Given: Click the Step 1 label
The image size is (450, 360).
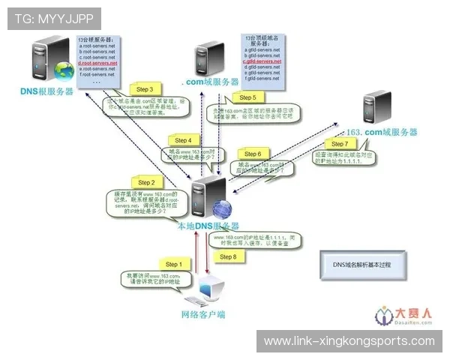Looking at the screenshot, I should [x=172, y=264].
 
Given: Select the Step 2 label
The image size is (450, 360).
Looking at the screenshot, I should [x=146, y=182].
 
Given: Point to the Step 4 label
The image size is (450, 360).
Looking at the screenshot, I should [x=183, y=140].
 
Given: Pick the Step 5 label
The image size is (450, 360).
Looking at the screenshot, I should [x=247, y=97].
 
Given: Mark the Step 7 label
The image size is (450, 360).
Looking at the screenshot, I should [x=339, y=143].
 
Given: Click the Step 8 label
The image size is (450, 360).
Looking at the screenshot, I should [x=228, y=256].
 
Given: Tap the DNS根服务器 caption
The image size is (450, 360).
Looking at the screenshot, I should [x=47, y=91].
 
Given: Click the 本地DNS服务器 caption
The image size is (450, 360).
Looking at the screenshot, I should [x=208, y=225].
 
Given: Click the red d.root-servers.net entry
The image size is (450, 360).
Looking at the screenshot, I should [x=98, y=63].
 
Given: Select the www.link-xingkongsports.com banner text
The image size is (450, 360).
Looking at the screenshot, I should [x=349, y=341].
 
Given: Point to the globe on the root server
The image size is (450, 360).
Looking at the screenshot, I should [x=65, y=70].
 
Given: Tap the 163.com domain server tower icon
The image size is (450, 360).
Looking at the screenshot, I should [x=373, y=108].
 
